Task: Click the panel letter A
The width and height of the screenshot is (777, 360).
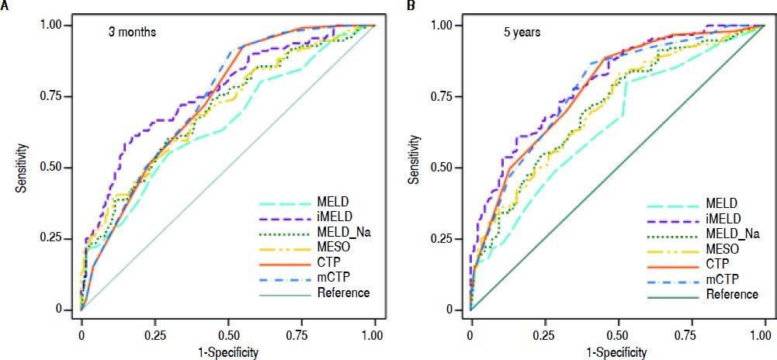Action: [x=5, y=6]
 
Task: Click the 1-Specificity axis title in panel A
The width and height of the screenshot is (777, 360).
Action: [x=228, y=351]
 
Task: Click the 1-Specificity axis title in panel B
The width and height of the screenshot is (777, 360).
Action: [x=617, y=351]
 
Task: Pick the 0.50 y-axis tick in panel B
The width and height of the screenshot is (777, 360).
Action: [x=449, y=167]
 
